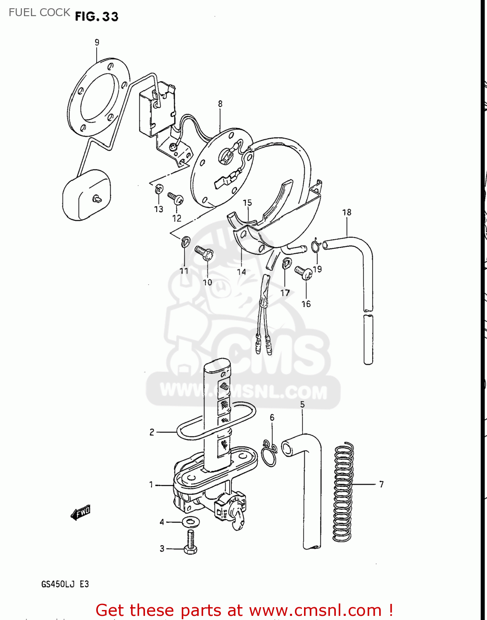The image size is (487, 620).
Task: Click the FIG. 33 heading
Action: pyautogui.click(x=97, y=17)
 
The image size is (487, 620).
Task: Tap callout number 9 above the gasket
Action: pyautogui.click(x=97, y=42)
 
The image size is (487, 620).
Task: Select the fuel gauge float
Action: pyautogui.click(x=87, y=195)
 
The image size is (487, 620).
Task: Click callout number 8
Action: pyautogui.click(x=220, y=104)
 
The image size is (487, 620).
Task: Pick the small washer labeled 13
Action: pyautogui.click(x=158, y=189)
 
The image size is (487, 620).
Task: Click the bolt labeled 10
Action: pyautogui.click(x=204, y=252)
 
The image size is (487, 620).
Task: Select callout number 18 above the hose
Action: pyautogui.click(x=347, y=212)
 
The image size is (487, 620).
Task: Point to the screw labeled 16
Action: pyautogui.click(x=304, y=273)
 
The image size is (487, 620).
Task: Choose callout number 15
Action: pyautogui.click(x=247, y=203)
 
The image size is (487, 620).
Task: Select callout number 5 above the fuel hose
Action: pyautogui.click(x=302, y=404)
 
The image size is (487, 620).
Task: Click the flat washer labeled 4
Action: pyautogui.click(x=190, y=522)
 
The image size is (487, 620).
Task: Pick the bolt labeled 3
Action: pyautogui.click(x=190, y=542)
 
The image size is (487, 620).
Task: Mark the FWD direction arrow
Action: pyautogui.click(x=81, y=513)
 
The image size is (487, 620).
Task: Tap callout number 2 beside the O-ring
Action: pyautogui.click(x=152, y=432)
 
